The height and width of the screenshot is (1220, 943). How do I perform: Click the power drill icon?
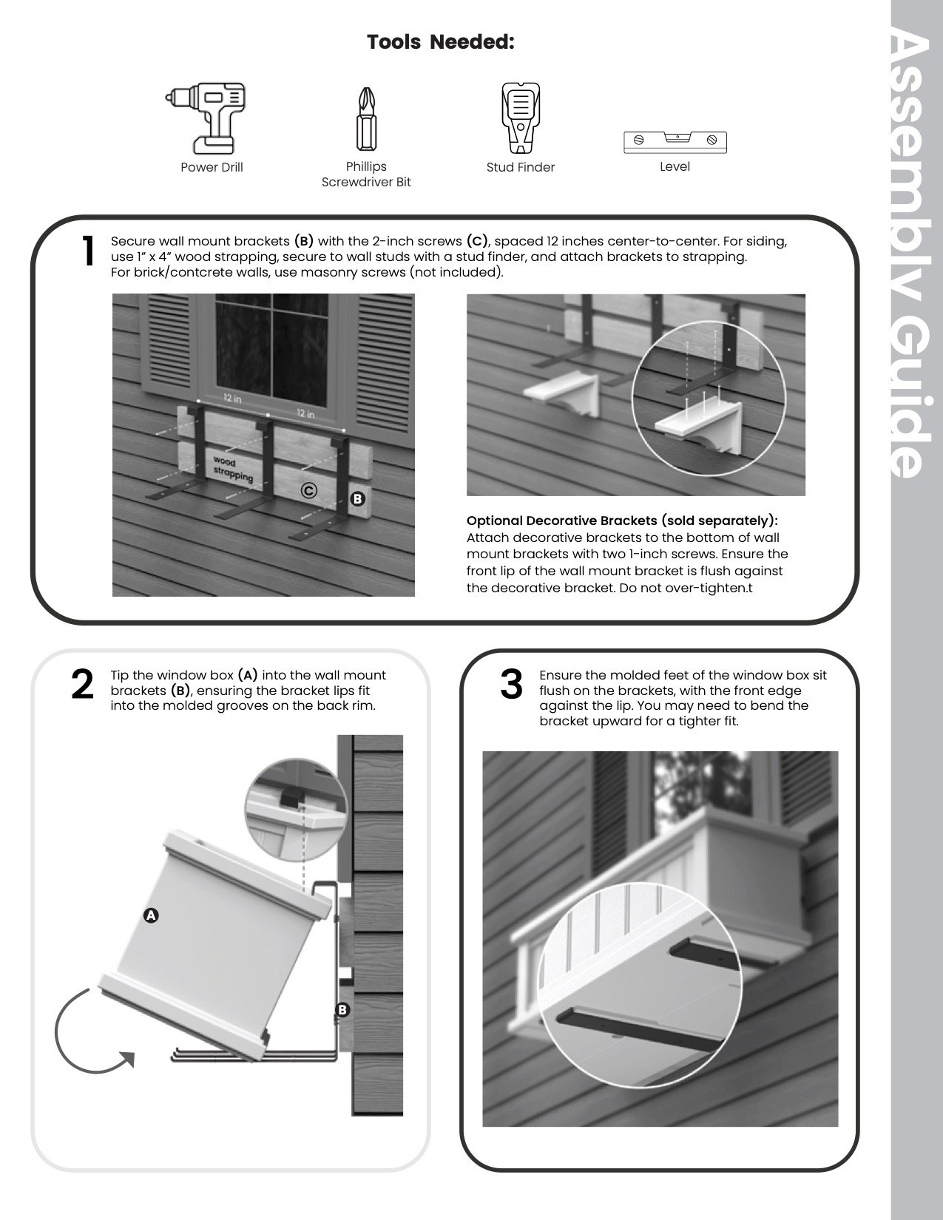(x=204, y=117)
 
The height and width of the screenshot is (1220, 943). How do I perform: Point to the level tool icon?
(x=675, y=140)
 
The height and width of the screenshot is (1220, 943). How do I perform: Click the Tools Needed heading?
(x=441, y=42)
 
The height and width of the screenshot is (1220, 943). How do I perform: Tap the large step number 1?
(x=88, y=252)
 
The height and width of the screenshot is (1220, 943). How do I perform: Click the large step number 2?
(x=82, y=685)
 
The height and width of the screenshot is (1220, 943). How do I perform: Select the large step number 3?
(x=511, y=685)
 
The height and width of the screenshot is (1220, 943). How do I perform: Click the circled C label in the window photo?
(x=309, y=490)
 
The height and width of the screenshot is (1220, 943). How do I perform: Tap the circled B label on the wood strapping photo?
(x=357, y=499)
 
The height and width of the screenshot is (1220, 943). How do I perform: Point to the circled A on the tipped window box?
(x=151, y=915)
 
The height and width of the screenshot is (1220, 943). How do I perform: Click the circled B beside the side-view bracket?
(x=342, y=1009)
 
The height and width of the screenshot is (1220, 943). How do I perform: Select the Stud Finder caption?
(x=521, y=167)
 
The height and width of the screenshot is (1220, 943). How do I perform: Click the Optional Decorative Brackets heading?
(x=622, y=521)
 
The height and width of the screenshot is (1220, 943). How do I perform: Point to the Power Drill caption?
(x=212, y=167)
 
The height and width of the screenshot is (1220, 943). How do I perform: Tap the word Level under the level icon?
(x=675, y=166)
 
